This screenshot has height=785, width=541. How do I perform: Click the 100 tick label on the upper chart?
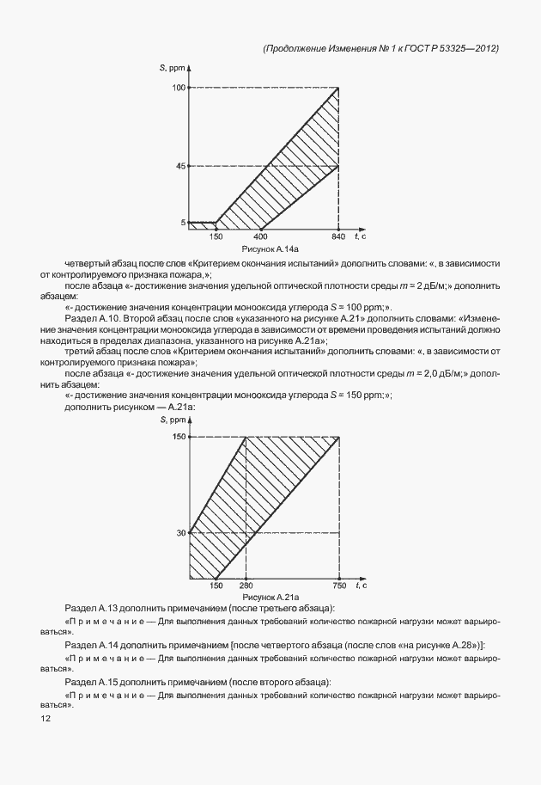pos(179,88)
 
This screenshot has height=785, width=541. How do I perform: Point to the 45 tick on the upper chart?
pos(180,166)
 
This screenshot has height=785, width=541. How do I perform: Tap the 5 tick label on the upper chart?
pos(182,223)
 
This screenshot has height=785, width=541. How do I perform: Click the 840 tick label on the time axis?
pos(338,236)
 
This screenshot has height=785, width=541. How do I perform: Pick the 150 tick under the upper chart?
pos(216,236)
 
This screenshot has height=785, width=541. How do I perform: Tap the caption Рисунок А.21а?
pos(270,596)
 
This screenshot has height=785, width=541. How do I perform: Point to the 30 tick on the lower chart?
pos(180,533)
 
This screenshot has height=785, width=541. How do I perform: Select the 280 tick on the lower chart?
pos(246,586)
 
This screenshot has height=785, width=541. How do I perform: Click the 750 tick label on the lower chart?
pos(338,586)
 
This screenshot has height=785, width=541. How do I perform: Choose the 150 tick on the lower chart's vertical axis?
pos(179,438)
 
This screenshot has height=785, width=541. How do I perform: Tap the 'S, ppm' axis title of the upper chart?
pos(171,67)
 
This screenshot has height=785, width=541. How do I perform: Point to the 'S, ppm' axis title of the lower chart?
pos(173,419)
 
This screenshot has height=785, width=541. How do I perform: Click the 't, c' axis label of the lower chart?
pos(361,586)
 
